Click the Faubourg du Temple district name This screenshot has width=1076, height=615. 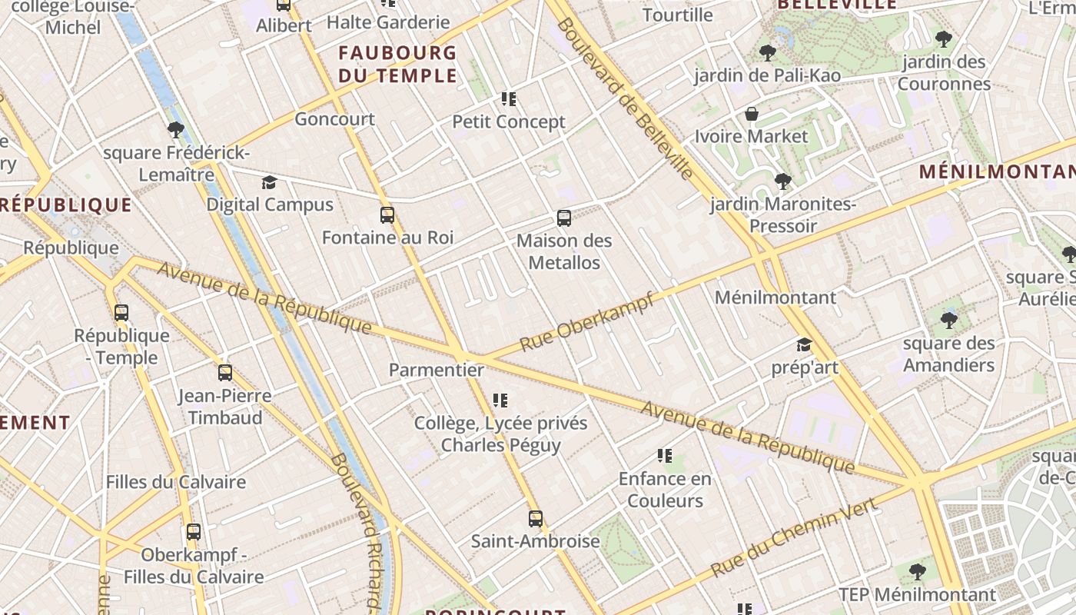coord(397,65)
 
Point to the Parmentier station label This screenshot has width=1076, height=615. coord(436,370)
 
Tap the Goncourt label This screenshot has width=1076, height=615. coord(334,119)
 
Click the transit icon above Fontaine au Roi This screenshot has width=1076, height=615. coord(387,215)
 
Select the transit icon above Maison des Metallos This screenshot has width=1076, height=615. coord(564,218)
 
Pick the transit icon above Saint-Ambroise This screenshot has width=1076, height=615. coord(536,519)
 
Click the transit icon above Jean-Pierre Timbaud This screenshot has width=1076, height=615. coord(225,373)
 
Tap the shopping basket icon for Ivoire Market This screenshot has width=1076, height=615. coord(752,115)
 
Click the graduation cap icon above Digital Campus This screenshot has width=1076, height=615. coord(269,182)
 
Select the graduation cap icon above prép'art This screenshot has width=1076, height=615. coord(804,345)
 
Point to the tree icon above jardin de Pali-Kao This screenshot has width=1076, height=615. coord(766,53)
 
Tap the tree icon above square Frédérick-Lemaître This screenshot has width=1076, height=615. coord(176,130)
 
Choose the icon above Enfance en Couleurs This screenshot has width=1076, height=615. coord(665,457)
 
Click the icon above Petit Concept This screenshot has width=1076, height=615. coord(508,99)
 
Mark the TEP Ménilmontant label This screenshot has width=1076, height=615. coord(917,594)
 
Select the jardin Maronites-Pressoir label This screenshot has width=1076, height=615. coord(782,214)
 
